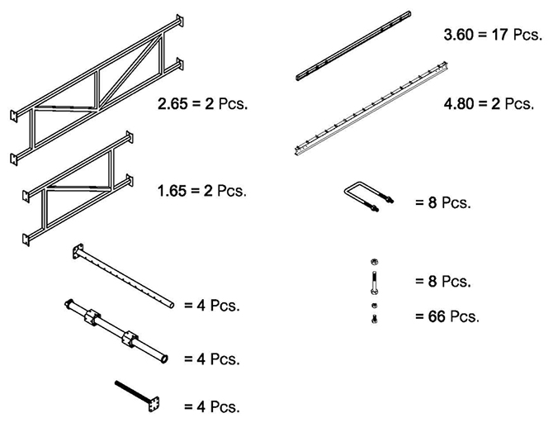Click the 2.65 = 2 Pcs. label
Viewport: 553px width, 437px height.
coord(203,105)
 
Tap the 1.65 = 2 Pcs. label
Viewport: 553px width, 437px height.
coord(201,191)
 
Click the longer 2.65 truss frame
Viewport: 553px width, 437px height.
coord(97,93)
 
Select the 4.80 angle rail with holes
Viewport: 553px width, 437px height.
coord(371,109)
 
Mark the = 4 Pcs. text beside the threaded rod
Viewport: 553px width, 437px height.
coord(212,406)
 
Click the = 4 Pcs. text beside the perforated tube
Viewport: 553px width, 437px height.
coord(212,306)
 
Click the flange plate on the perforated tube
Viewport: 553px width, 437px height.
coord(79,251)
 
